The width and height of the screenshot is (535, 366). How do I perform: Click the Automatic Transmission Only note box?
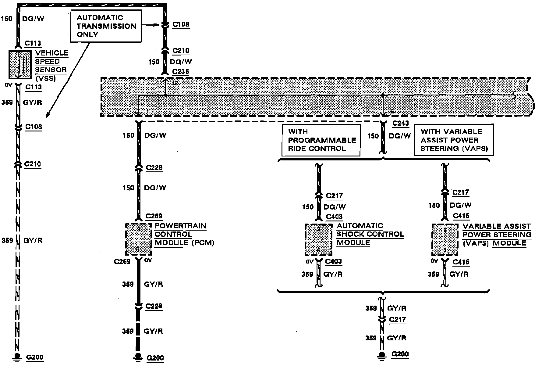click(106, 26)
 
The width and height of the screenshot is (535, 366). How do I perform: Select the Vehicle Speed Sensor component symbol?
click(20, 64)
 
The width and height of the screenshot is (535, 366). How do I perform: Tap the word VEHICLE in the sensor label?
click(52, 53)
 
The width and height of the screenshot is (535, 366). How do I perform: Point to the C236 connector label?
click(180, 72)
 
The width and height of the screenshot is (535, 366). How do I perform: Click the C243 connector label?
click(400, 123)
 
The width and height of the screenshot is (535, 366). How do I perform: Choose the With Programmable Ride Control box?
click(321, 140)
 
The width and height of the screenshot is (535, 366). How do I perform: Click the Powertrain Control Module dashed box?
click(139, 239)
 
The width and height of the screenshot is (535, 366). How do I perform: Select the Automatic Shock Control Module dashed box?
click(318, 240)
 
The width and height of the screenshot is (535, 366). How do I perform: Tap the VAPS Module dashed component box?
click(445, 240)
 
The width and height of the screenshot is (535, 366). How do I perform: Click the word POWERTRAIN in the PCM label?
click(180, 226)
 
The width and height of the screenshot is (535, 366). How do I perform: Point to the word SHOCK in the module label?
click(348, 234)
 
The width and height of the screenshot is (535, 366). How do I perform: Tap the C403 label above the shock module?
click(334, 217)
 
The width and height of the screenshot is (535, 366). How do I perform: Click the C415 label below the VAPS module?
click(461, 262)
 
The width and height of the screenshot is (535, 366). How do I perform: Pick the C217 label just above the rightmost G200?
click(397, 320)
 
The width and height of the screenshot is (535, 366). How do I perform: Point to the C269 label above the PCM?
click(154, 217)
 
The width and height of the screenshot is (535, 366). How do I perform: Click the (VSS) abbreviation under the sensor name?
click(46, 78)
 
